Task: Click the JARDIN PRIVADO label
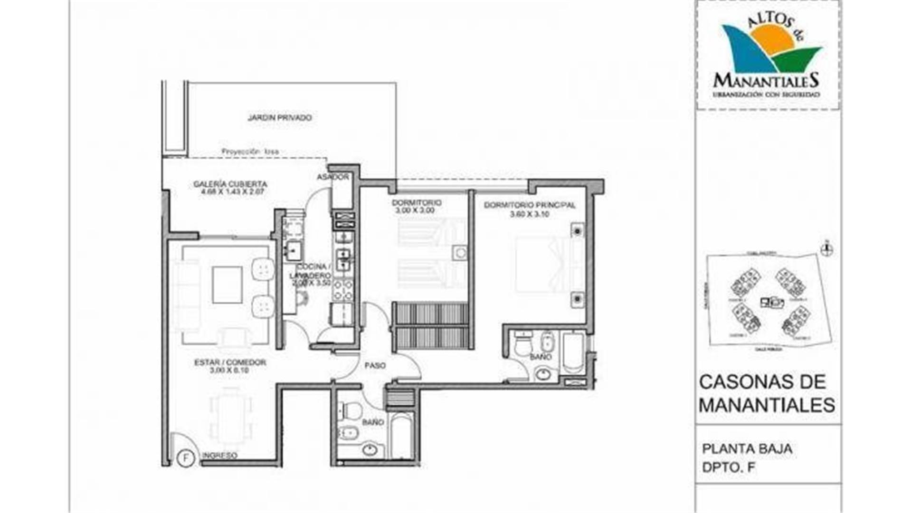pyautogui.click(x=280, y=117)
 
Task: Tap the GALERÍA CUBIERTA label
pyautogui.click(x=230, y=184)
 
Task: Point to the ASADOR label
pyautogui.click(x=333, y=177)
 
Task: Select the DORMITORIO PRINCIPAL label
pyautogui.click(x=530, y=205)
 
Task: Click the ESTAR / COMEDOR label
pyautogui.click(x=230, y=362)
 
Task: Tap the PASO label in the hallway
pyautogui.click(x=375, y=366)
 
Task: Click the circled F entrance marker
pyautogui.click(x=186, y=458)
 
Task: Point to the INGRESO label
pyautogui.click(x=219, y=456)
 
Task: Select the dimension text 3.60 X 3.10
pyautogui.click(x=529, y=214)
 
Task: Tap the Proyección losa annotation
pyautogui.click(x=250, y=152)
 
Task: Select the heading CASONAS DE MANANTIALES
pyautogui.click(x=766, y=393)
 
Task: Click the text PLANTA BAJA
pyautogui.click(x=747, y=449)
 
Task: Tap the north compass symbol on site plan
pyautogui.click(x=827, y=248)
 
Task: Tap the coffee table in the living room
pyautogui.click(x=227, y=285)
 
